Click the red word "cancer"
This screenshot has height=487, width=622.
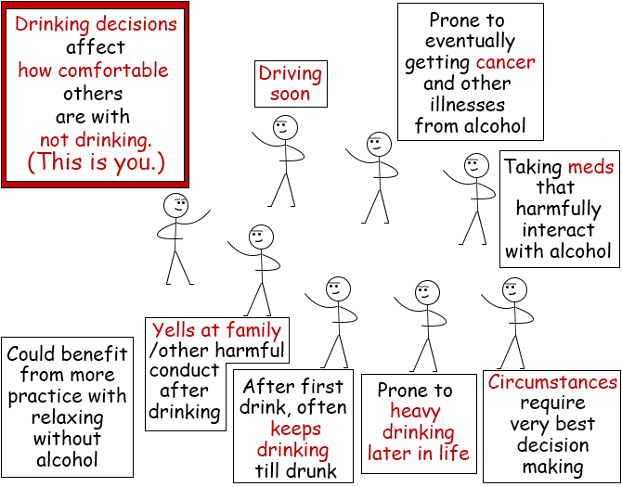point(505,62)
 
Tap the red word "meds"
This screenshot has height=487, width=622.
point(590,167)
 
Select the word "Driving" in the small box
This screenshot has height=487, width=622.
point(290,74)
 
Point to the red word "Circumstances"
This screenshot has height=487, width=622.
point(552,382)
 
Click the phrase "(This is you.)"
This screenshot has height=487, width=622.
point(96,162)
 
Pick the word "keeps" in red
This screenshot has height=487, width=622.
point(296,429)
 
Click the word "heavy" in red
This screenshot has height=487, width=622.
point(415,412)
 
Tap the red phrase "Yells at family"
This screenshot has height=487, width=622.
point(217,329)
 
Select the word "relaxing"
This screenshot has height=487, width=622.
point(67,418)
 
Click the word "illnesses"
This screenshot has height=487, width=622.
point(468,105)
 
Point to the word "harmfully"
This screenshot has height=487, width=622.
point(558,210)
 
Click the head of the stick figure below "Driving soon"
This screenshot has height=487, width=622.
point(285,128)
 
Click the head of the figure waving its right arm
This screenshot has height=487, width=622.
point(175,205)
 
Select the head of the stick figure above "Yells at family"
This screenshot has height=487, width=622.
point(262,237)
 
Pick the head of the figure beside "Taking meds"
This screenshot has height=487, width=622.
point(476,166)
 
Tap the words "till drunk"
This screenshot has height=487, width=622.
point(296,471)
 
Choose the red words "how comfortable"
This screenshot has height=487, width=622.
point(94,70)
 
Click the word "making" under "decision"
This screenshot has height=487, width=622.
point(552,468)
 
